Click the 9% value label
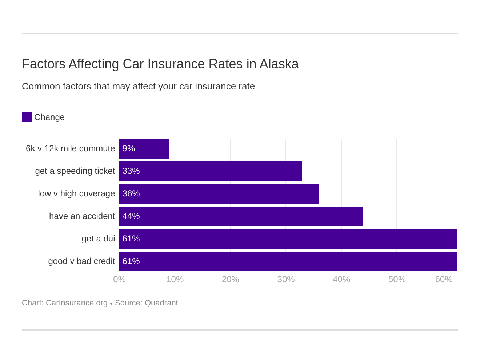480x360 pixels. pyautogui.click(x=129, y=149)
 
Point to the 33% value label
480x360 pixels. pyautogui.click(x=131, y=171)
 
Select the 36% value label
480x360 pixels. pyautogui.click(x=131, y=194)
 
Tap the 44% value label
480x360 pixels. pyautogui.click(x=131, y=216)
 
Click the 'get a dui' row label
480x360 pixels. pyautogui.click(x=98, y=239)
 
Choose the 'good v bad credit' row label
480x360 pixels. pyautogui.click(x=81, y=261)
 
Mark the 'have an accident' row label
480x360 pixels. pyautogui.click(x=82, y=216)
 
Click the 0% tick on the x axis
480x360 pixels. pyautogui.click(x=119, y=279)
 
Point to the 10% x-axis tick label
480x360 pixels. pyautogui.click(x=175, y=279)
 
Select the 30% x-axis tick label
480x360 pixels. pyautogui.click(x=286, y=279)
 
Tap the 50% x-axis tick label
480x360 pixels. pyautogui.click(x=397, y=279)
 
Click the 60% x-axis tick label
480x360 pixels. pyautogui.click(x=444, y=279)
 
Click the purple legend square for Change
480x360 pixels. pyautogui.click(x=27, y=117)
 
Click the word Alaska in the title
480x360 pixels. pyautogui.click(x=279, y=64)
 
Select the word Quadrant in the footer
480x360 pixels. pyautogui.click(x=161, y=303)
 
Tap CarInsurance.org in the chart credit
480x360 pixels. pyautogui.click(x=76, y=303)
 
